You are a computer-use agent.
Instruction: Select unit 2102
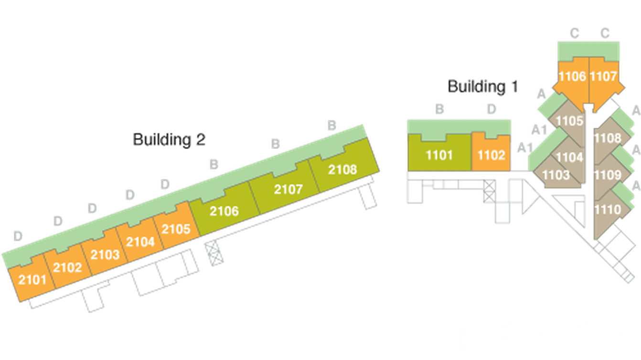[x=67, y=267]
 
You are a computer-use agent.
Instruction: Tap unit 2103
[x=105, y=254]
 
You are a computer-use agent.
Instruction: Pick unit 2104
[x=140, y=242]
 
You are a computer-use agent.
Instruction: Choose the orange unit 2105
[x=176, y=229]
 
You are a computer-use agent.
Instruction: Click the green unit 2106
[x=224, y=211]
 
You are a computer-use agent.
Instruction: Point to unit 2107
[x=288, y=189]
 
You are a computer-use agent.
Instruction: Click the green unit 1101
[x=439, y=155]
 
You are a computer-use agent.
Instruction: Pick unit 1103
[x=556, y=175]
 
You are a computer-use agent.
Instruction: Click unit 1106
[x=572, y=76]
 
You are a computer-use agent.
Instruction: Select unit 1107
[x=603, y=76]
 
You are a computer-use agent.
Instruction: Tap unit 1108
[x=607, y=138]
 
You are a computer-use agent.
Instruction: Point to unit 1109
[x=608, y=175]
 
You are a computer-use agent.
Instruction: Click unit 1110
[x=608, y=209]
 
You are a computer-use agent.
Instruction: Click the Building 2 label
[x=169, y=140]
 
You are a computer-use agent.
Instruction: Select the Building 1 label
[x=482, y=87]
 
